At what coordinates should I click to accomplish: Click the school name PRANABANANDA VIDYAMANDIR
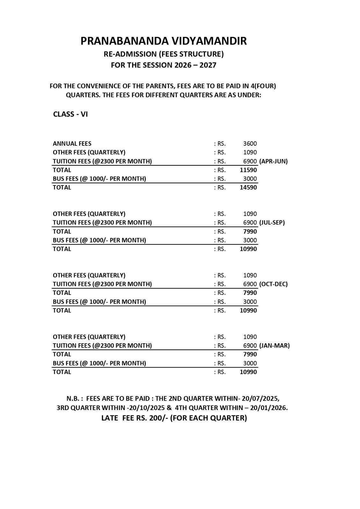pos(163,41)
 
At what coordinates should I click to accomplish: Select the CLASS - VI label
pos(70,114)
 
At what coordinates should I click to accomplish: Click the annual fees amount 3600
pos(250,144)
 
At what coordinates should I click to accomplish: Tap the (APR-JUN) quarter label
pos(273,161)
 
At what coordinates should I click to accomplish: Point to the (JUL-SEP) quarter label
pos(272,223)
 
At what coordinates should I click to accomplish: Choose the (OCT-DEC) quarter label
pos(273,284)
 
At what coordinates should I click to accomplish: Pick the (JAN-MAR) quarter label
pos(274,345)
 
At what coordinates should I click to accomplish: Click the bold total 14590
pos(248,187)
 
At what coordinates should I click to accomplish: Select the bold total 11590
pos(248,170)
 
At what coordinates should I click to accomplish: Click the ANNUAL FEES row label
pos(72,144)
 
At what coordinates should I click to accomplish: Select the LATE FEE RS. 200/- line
pos(174,418)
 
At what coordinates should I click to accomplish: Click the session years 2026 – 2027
pos(195,65)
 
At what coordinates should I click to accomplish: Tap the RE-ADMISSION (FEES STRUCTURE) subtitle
pos(164,54)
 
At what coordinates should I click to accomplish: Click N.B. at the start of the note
pos(74,398)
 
